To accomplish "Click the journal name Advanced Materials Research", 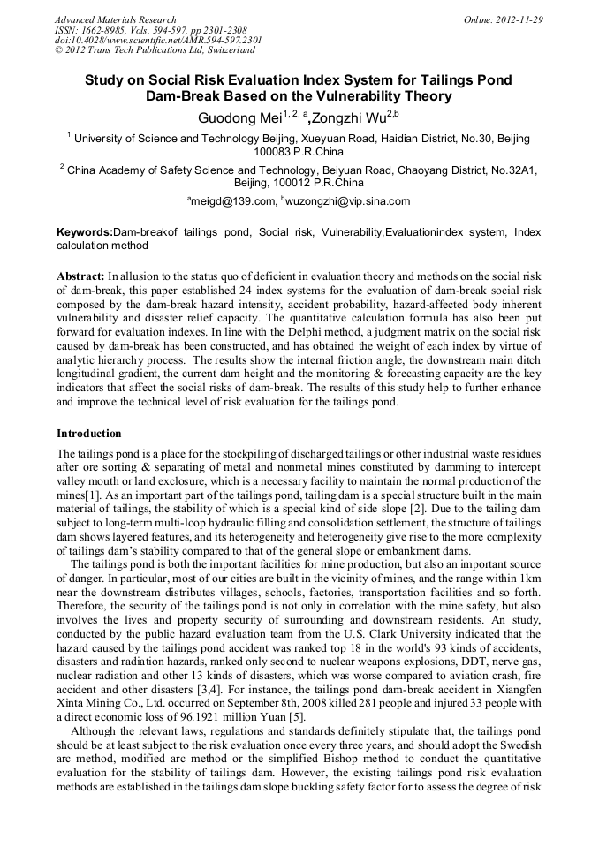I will point(115,19).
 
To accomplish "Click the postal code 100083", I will point(274,152).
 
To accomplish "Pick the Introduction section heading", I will point(89,434).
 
